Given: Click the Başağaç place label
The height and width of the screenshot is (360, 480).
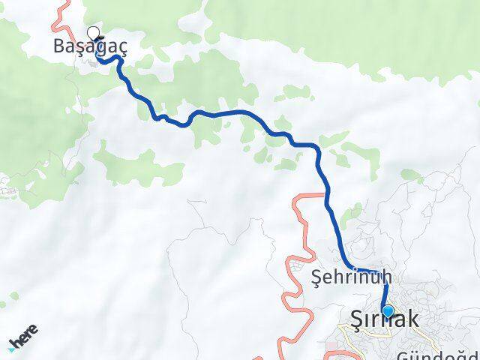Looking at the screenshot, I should [90, 46].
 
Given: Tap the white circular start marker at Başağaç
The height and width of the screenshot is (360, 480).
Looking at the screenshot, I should [94, 33].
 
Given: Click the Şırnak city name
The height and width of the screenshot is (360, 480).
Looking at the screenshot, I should [385, 319].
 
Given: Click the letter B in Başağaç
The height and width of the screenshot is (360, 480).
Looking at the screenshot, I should [59, 46].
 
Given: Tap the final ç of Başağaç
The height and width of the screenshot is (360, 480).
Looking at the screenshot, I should [122, 48].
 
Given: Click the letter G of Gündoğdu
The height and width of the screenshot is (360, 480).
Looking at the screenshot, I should [403, 354].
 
